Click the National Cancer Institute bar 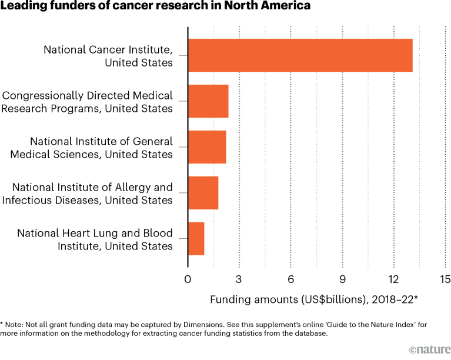tap(300, 55)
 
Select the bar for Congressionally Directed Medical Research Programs tap(208, 101)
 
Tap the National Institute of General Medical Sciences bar tap(207, 147)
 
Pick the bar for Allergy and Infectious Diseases tap(203, 193)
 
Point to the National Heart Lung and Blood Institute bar tap(196, 239)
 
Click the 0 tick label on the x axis tap(188, 280)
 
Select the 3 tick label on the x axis tap(239, 280)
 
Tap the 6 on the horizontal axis tap(290, 280)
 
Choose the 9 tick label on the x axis tap(342, 280)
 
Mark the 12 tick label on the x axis tap(393, 280)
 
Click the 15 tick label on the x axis tap(444, 280)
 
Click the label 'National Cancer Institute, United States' tap(108, 56)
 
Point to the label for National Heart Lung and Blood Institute tap(95, 239)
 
